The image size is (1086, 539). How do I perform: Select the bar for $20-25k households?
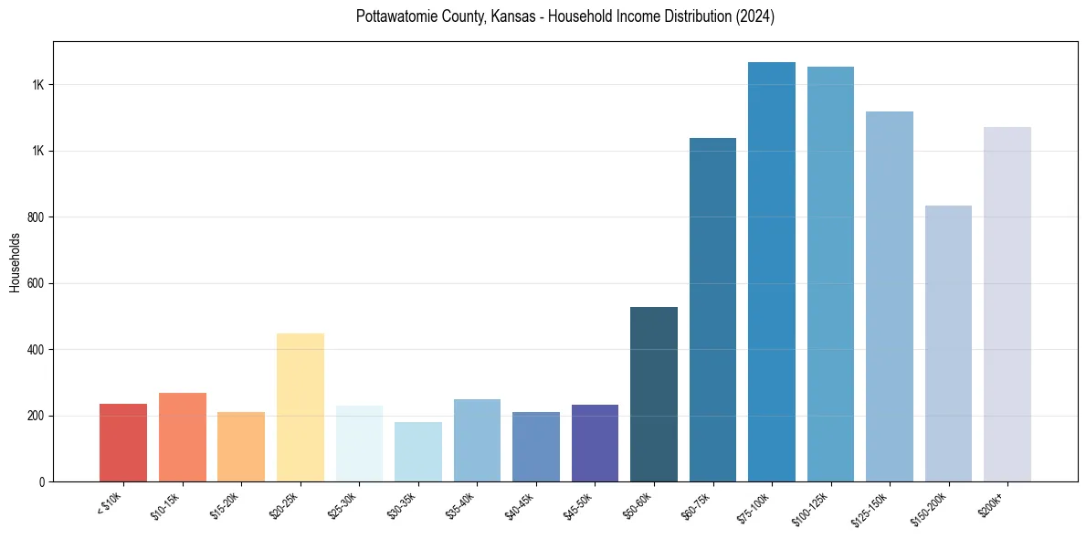(x=300, y=407)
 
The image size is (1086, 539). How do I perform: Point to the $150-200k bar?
(x=948, y=343)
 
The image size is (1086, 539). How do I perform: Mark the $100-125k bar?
(x=830, y=274)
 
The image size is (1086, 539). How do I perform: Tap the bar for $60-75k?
(x=712, y=310)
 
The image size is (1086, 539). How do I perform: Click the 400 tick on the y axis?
(x=37, y=350)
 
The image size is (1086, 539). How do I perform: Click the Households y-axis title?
(x=16, y=262)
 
